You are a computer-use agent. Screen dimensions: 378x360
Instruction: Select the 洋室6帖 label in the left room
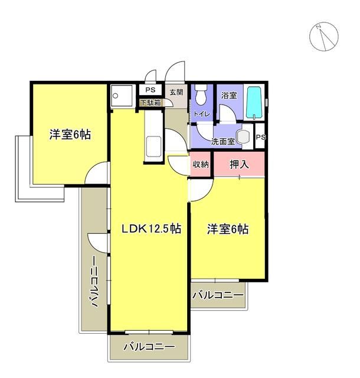(x=70, y=135)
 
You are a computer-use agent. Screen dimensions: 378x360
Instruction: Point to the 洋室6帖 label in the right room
(x=227, y=229)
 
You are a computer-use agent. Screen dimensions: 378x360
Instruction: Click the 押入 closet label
(x=239, y=164)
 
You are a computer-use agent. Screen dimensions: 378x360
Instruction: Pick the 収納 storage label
(x=201, y=164)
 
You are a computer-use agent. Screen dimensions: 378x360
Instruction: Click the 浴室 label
(x=229, y=94)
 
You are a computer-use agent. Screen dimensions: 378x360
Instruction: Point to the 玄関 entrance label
(x=176, y=92)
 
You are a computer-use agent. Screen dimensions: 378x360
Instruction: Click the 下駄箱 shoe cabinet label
(x=150, y=103)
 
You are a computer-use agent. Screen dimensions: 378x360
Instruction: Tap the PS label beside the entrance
(x=150, y=90)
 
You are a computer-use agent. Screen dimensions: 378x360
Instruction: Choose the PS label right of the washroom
(x=260, y=137)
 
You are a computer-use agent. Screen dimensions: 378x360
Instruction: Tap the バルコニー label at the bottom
(x=149, y=347)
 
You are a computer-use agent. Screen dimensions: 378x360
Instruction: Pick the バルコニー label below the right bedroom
(x=218, y=294)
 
